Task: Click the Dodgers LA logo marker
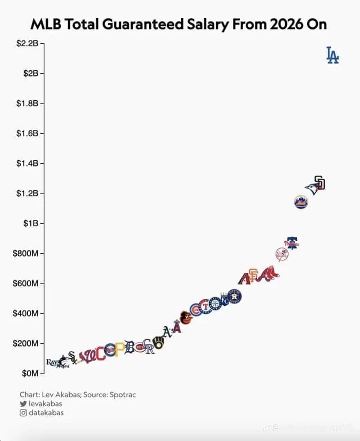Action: (332, 55)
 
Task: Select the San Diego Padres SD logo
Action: (319, 182)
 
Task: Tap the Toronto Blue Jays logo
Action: (312, 189)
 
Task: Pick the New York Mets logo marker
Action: (301, 202)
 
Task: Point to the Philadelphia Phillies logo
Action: (291, 243)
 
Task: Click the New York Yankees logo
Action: (282, 254)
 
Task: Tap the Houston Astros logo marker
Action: (234, 296)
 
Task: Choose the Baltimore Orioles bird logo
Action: (186, 317)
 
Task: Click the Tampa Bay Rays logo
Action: (52, 362)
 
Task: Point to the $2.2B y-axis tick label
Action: (26, 43)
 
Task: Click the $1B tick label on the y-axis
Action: (30, 223)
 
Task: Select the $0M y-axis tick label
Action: (29, 373)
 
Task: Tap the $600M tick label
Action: (25, 283)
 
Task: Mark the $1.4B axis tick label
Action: (26, 163)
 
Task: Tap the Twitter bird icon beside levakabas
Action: (23, 404)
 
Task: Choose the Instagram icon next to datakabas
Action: (23, 413)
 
